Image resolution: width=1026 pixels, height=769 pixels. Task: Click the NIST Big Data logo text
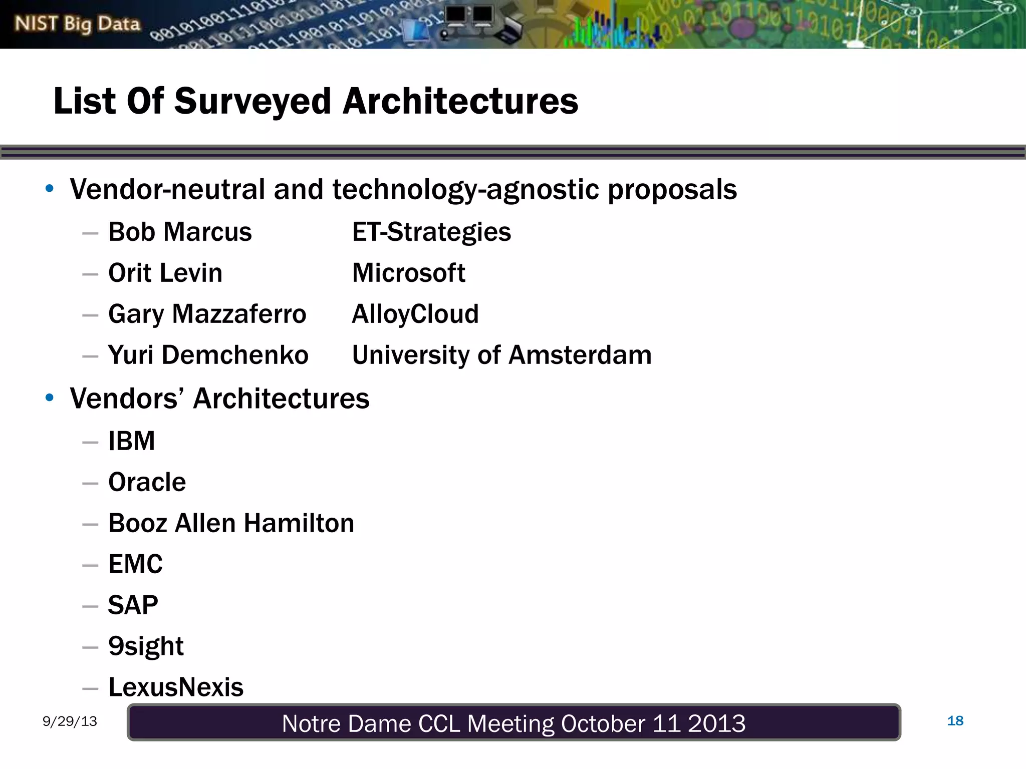coord(77,24)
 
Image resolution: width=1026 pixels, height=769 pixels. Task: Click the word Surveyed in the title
coord(252,101)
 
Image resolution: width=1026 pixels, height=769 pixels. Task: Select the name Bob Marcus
coord(180,232)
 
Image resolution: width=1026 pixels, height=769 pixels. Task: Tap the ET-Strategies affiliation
coord(431,232)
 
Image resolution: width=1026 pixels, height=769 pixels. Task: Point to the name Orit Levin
coord(165,273)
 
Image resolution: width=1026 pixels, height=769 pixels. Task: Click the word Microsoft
coord(408,273)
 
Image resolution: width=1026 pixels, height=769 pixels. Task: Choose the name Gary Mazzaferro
coord(207,314)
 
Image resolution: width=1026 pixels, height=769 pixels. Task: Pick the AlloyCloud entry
coord(415,314)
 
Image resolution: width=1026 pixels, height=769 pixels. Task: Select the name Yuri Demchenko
coord(208,355)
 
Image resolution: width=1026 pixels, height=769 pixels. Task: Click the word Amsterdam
coord(580,355)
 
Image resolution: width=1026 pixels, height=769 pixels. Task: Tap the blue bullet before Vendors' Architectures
coord(49,398)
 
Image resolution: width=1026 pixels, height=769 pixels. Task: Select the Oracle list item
coord(147,483)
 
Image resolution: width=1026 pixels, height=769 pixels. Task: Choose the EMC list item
coord(135,565)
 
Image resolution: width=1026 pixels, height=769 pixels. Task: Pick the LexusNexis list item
coord(176,687)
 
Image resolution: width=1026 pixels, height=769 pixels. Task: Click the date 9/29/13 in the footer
coord(70,721)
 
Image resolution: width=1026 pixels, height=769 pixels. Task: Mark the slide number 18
coord(955,721)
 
